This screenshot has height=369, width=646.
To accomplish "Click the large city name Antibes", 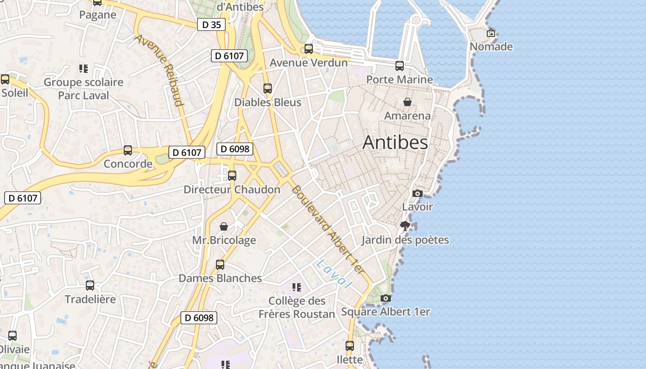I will (395, 143).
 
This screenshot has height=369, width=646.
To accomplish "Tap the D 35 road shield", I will (212, 24).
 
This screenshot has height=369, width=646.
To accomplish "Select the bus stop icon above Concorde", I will (128, 150).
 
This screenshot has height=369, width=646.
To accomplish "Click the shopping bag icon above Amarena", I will (407, 102).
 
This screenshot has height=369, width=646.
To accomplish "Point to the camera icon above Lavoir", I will (417, 193).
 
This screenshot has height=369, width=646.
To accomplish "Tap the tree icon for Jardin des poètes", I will (405, 226).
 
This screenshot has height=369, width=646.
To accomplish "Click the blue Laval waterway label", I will (334, 274).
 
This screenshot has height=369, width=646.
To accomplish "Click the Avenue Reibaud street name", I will (159, 70).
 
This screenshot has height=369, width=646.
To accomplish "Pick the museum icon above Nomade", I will (491, 33).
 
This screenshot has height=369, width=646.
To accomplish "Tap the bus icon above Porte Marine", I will (400, 66).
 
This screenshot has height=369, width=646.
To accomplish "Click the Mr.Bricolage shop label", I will (224, 240).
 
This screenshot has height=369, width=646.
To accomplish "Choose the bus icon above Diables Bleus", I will (268, 89).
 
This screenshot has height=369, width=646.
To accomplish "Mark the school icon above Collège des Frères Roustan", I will (297, 287).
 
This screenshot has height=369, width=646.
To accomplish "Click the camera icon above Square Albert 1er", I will (385, 298).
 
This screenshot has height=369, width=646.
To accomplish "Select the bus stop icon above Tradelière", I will (90, 286).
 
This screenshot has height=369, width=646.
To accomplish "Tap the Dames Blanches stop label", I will (220, 278).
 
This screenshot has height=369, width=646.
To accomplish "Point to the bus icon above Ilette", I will (350, 346).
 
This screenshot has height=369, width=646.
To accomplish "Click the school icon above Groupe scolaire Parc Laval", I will (84, 69).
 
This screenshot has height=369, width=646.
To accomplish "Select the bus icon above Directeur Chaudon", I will (232, 176).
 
